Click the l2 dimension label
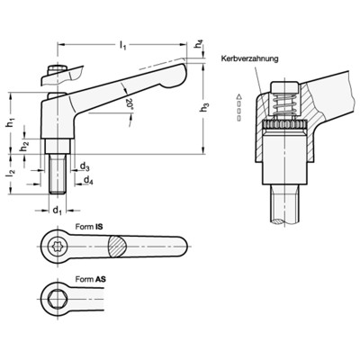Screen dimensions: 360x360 [x=11, y=168]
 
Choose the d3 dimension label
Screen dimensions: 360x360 [x=84, y=166]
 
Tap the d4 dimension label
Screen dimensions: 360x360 [x=87, y=180]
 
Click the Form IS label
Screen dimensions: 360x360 [x=87, y=229]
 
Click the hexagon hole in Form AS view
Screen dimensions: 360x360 [x=56, y=298]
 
